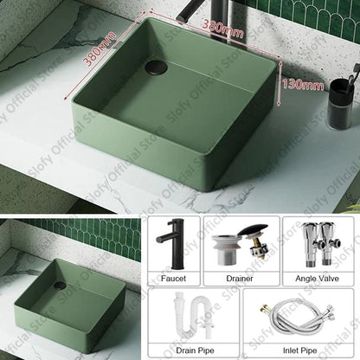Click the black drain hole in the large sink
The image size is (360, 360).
[157, 67]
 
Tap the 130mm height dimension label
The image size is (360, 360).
[303, 85]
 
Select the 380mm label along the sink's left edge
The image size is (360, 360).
[99, 48]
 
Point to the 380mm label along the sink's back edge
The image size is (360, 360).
[223, 28]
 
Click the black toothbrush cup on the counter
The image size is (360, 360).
[341, 104]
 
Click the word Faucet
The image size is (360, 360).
[173, 279]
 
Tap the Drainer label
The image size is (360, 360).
[240, 279]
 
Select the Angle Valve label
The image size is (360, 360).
[317, 279]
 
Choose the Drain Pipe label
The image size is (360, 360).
[195, 350]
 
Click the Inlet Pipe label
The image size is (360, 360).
[299, 350]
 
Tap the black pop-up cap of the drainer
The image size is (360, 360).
[253, 231]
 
